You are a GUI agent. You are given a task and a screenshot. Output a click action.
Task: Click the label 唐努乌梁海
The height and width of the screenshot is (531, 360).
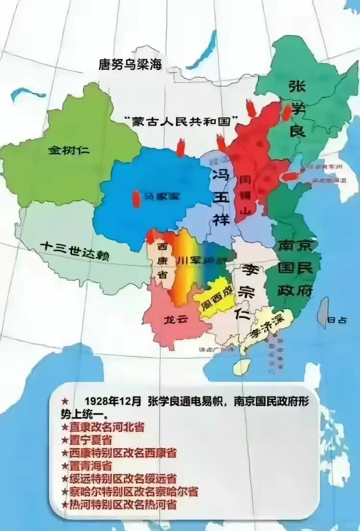coord(130,64)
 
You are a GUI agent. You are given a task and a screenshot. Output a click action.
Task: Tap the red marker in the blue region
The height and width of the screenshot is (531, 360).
coord(136,198)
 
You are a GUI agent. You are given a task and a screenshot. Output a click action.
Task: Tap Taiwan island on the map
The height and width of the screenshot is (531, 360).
coord(324,312)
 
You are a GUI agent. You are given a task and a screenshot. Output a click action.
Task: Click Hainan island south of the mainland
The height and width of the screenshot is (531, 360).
coord(242,367)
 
